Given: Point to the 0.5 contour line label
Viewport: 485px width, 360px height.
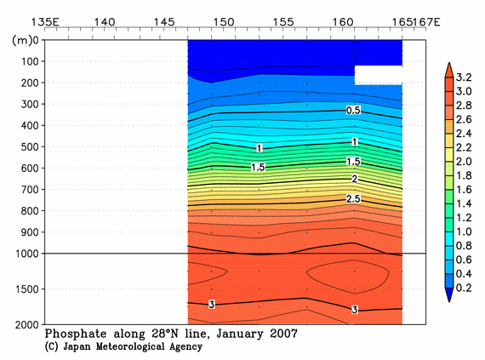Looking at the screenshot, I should [x=353, y=111].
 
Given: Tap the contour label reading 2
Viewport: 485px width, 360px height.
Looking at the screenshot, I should [x=354, y=180].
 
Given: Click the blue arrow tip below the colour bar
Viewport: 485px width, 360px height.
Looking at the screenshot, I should [x=449, y=296].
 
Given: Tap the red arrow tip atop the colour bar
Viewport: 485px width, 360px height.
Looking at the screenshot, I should [x=449, y=68].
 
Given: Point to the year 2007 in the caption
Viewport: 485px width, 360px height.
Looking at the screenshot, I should [x=281, y=334].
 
